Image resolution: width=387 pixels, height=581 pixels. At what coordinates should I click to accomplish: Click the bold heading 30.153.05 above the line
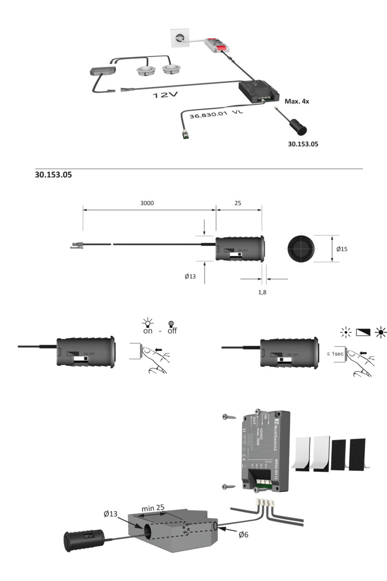click(x=53, y=175)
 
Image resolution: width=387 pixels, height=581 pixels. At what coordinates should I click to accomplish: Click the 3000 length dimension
click(x=149, y=203)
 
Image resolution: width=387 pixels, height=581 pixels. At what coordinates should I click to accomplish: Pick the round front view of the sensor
click(x=302, y=249)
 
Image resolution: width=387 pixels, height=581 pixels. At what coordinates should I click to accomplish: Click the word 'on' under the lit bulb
click(x=147, y=331)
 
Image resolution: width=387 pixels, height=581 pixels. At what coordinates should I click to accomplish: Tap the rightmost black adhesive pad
click(x=357, y=453)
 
